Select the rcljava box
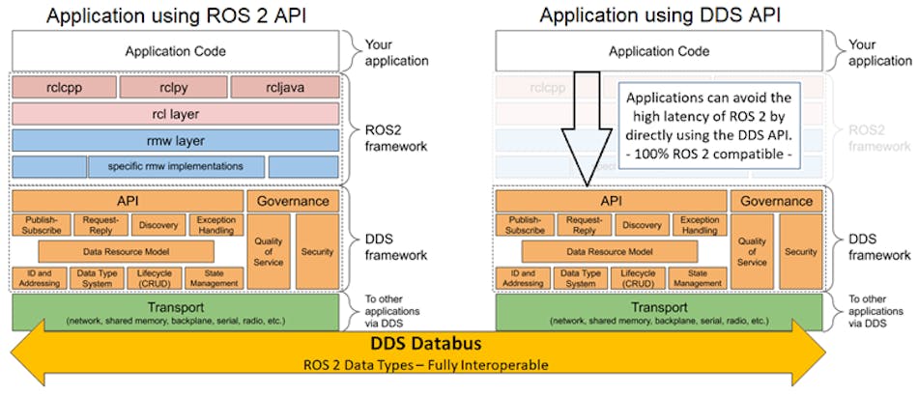pos(284,87)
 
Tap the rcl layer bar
pos(175,114)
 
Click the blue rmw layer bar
pos(175,140)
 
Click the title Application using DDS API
pos(659,14)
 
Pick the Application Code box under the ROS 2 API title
pos(175,50)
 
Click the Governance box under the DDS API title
pos(777,201)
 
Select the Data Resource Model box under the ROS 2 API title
pos(126,252)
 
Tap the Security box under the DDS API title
pos(800,251)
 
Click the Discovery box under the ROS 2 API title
pos(158,225)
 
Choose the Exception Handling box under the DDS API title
pos(699,225)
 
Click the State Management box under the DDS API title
pos(699,278)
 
